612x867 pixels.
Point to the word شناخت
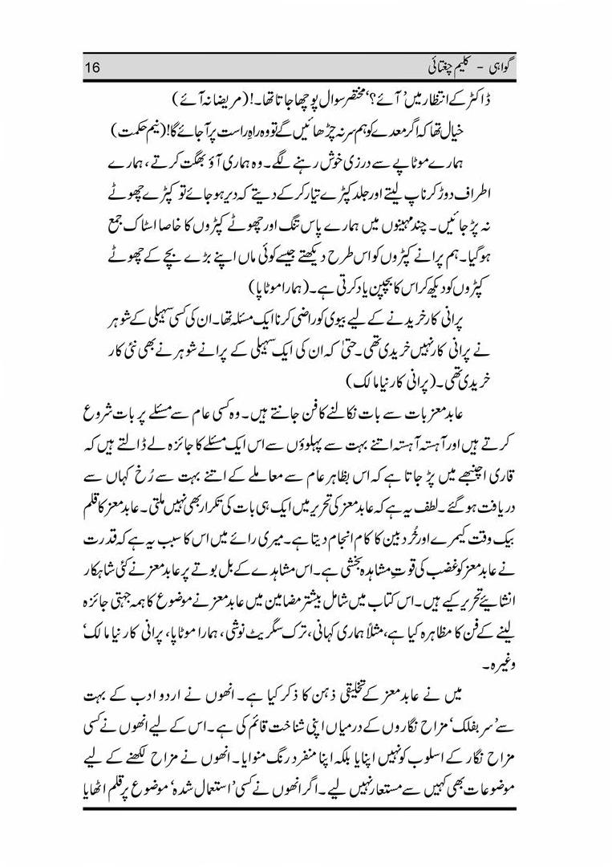coord(260,721)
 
